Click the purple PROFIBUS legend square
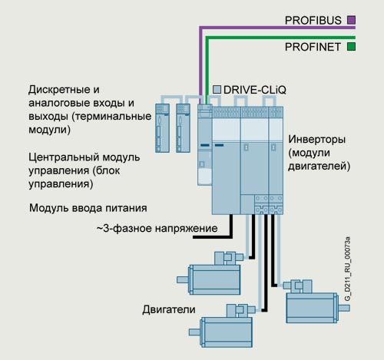point(352,20)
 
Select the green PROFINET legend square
point(352,47)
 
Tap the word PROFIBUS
point(313,21)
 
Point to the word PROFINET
point(313,47)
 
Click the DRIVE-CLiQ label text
point(255,90)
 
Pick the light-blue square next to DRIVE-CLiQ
point(217,90)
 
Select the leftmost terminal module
point(162,128)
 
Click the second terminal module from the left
point(183,128)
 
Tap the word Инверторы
point(317,140)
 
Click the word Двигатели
point(169,309)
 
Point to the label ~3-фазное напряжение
point(157,228)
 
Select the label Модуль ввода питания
point(88,208)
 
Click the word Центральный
point(64,157)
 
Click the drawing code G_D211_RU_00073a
point(347,269)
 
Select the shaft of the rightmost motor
point(344,308)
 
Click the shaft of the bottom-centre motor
point(195,332)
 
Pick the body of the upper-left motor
point(214,279)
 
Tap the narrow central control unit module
point(205,144)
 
